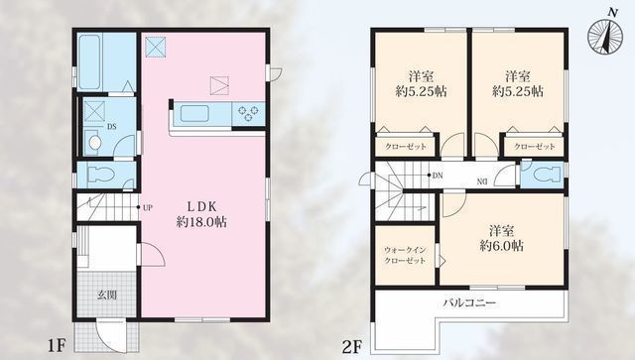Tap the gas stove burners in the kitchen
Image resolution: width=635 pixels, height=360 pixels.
pos(247,114)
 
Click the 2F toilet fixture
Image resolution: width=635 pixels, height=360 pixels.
pos(540,174)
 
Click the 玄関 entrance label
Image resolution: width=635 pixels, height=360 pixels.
pos(107,294)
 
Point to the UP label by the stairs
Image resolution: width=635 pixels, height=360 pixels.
pos(147,208)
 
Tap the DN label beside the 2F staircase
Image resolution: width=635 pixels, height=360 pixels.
pos(437,177)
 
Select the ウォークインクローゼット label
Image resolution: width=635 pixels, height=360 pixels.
pos(405,252)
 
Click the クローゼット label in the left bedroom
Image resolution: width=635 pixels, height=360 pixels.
pos(405,147)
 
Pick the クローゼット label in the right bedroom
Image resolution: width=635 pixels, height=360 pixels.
pos(534,147)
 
